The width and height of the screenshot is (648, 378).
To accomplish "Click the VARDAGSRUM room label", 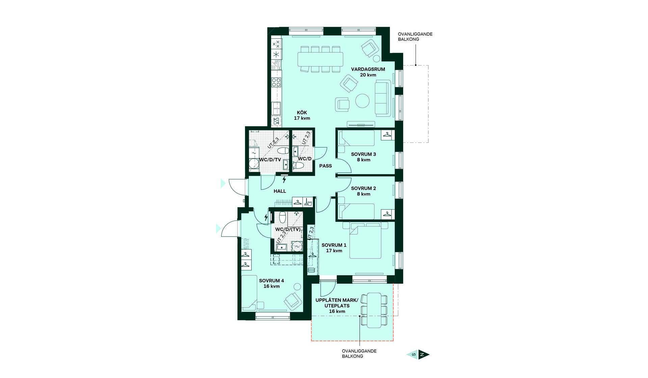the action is (368, 72).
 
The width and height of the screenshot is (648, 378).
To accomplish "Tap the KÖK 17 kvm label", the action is (302, 115).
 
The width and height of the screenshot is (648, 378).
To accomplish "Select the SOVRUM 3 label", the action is (363, 157).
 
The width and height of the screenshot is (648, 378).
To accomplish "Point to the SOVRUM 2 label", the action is (363, 191).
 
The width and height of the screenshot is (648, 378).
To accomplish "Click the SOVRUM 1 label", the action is (334, 248).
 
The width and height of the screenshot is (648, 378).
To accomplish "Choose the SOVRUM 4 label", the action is (271, 283).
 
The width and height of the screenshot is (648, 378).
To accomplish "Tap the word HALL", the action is (280, 191).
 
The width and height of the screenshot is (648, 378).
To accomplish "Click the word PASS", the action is (326, 166).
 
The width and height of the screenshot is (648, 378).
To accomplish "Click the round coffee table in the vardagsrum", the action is (362, 101).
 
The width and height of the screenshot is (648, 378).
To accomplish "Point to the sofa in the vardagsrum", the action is (383, 98).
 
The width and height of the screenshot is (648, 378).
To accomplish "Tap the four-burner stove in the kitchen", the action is (276, 82).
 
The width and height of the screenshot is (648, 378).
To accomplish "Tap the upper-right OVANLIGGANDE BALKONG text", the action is (415, 37).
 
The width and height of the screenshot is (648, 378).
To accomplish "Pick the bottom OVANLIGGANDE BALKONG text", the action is (359, 354).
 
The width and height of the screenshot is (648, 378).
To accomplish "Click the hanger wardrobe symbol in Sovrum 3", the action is (388, 135).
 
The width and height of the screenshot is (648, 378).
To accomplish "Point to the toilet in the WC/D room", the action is (298, 165).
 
